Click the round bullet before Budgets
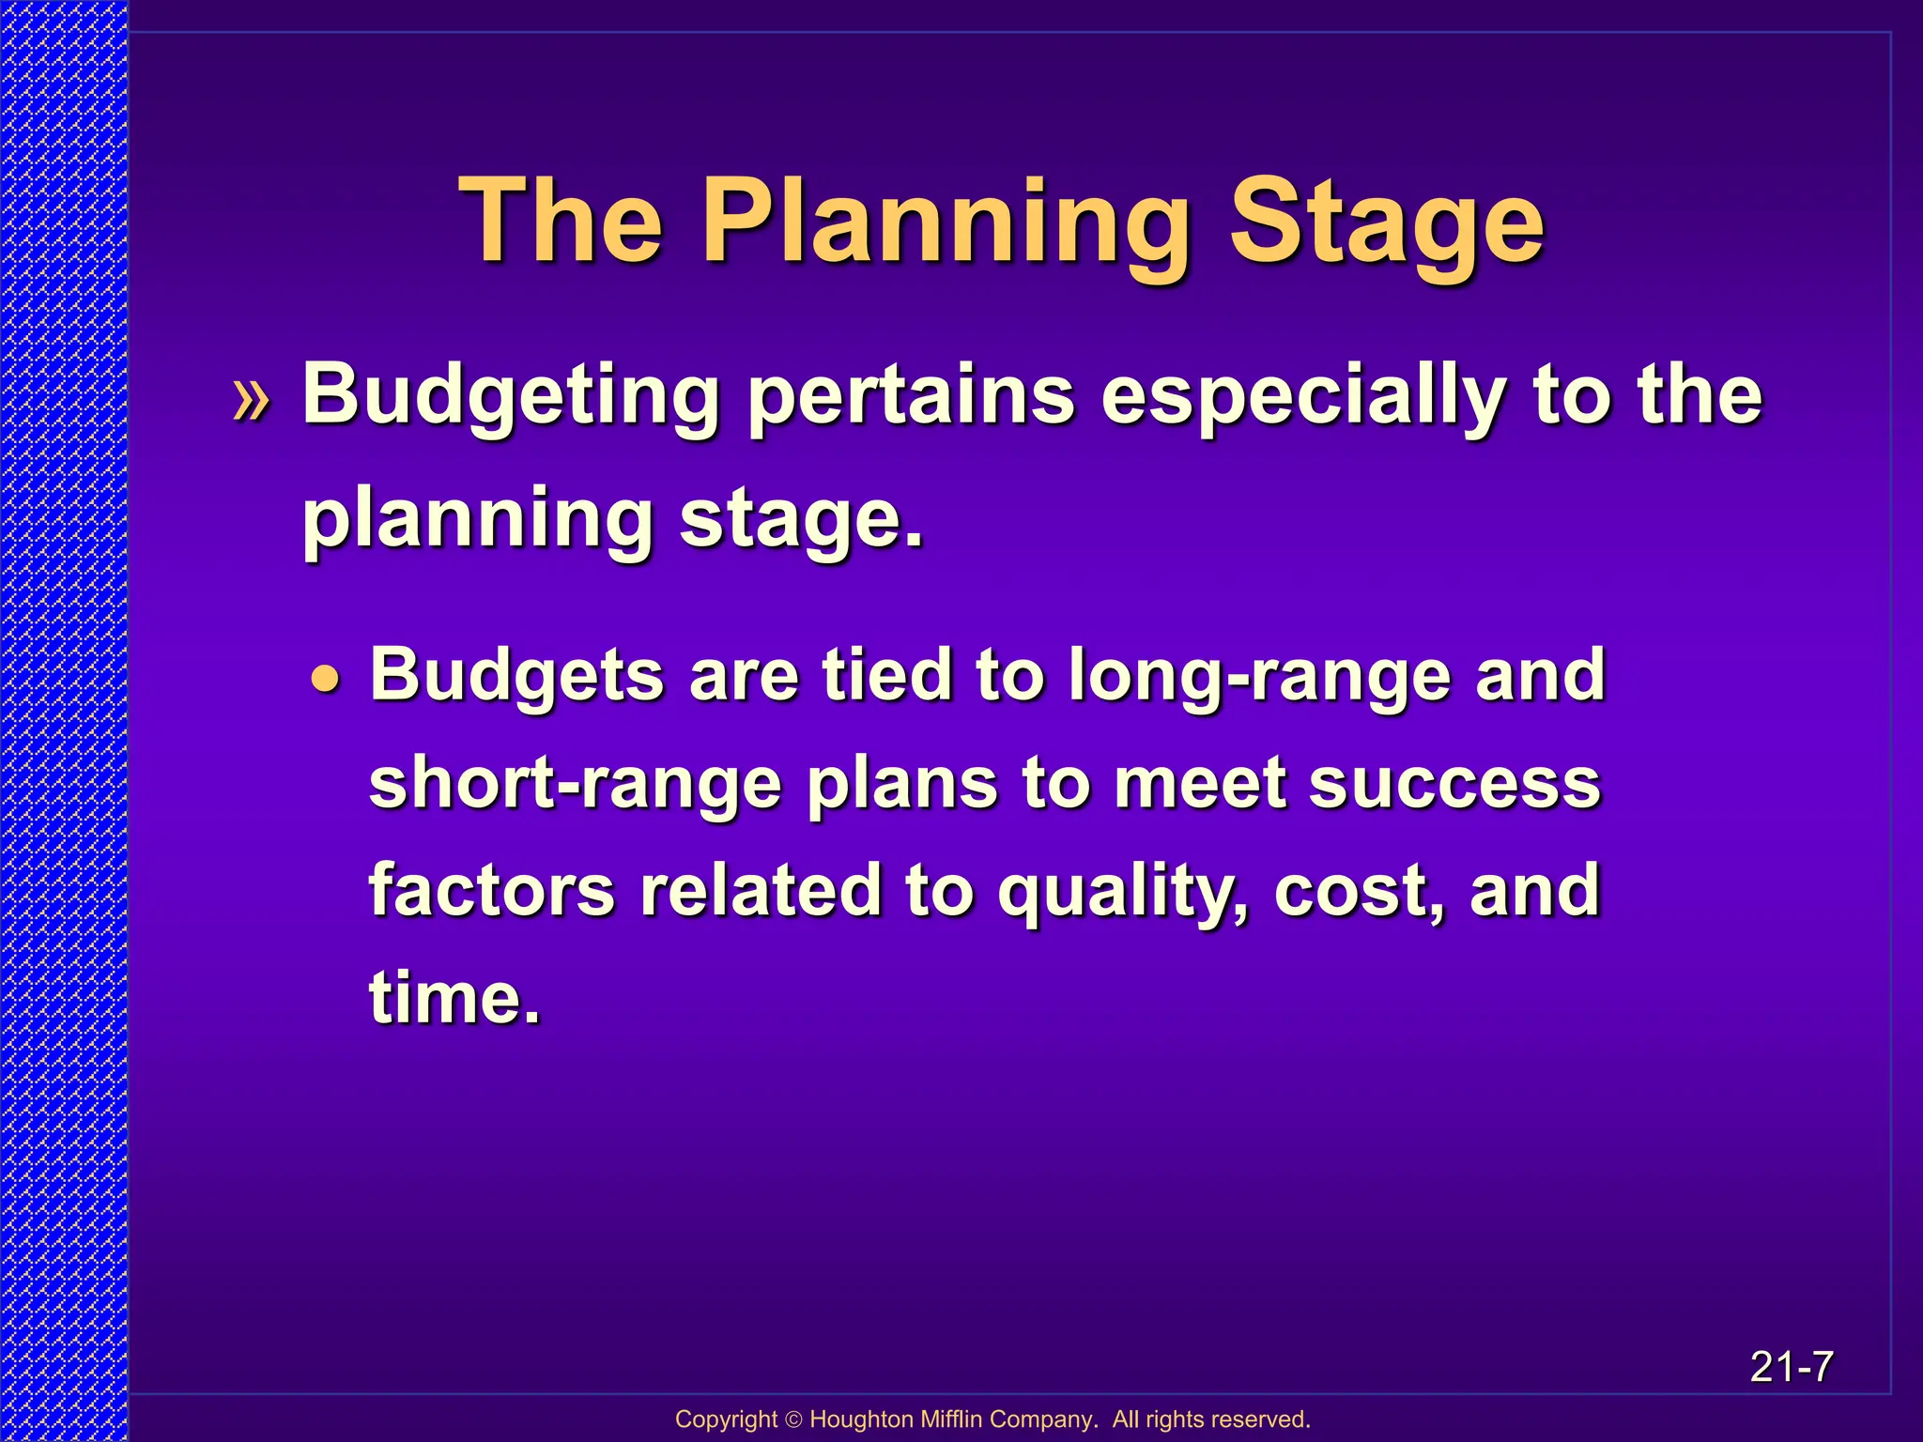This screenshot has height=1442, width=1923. click(x=324, y=679)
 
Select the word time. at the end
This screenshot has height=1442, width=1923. click(x=454, y=997)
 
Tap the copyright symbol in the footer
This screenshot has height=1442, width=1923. click(x=793, y=1419)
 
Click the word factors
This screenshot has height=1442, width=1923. click(x=491, y=891)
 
